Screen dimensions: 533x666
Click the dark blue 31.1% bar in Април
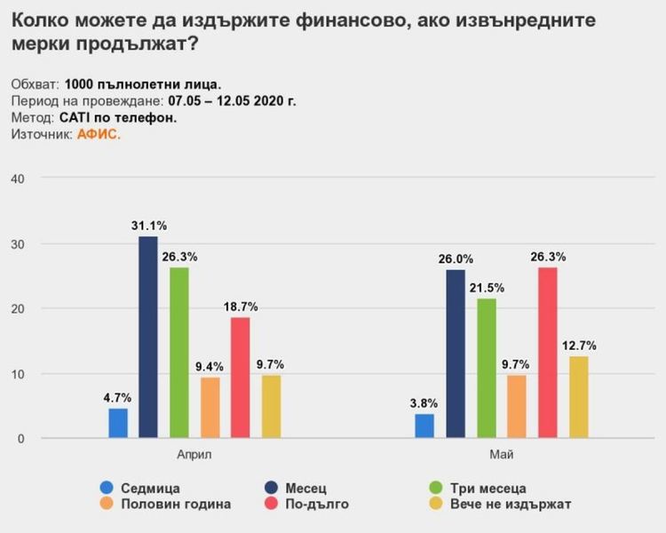click(x=148, y=338)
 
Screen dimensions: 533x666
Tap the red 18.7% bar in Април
click(x=240, y=378)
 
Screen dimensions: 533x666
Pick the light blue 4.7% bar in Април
click(x=118, y=423)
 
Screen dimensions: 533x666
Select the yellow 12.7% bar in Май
click(x=578, y=397)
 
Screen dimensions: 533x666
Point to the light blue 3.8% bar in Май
click(x=424, y=426)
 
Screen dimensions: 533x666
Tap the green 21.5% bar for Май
click(x=486, y=369)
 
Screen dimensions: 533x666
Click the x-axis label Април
click(x=194, y=454)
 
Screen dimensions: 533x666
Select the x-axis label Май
click(x=501, y=454)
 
